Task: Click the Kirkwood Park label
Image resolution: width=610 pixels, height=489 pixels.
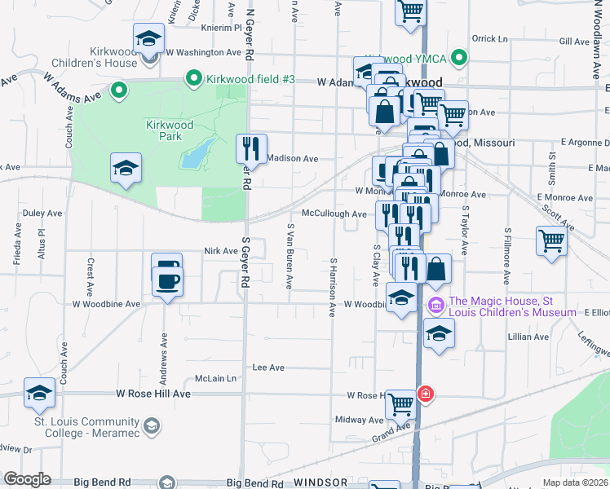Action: [x=169, y=130]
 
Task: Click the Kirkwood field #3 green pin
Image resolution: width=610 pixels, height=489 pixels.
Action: [x=194, y=79]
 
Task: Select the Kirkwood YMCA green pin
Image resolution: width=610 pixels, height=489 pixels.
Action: [x=459, y=58]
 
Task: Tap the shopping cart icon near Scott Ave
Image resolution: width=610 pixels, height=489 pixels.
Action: [x=551, y=241]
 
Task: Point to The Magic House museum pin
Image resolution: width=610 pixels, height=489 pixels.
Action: [x=435, y=306]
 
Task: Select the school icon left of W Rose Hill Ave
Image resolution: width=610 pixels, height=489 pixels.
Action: [x=39, y=394]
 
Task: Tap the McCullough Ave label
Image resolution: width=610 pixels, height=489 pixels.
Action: [x=334, y=214]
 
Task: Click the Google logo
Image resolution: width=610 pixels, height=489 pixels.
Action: [x=27, y=479]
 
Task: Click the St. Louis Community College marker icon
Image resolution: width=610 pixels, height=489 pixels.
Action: [x=151, y=425]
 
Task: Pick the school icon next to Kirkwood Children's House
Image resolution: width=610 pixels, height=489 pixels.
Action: [x=149, y=38]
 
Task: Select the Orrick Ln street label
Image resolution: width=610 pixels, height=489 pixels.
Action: [x=489, y=38]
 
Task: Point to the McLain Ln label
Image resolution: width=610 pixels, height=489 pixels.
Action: [x=214, y=379]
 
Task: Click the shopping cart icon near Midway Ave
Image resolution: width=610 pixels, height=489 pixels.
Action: [x=400, y=403]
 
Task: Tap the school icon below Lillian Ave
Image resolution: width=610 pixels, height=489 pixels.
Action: [x=439, y=335]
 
